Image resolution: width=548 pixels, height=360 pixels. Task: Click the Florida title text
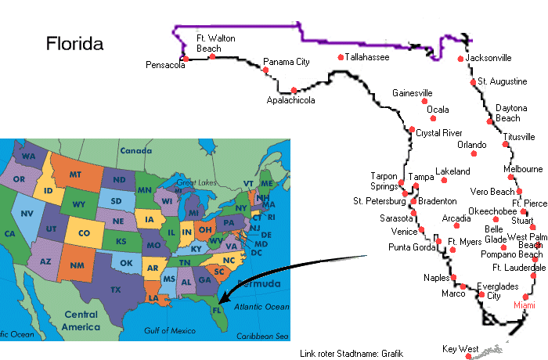pyautogui.click(x=74, y=43)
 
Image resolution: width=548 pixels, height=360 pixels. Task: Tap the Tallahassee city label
pyautogui.click(x=367, y=57)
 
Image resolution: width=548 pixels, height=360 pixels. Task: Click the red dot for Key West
pyautogui.click(x=468, y=356)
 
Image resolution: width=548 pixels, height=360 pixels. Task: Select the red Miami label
pyautogui.click(x=524, y=305)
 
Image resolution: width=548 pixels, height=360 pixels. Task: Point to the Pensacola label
pyautogui.click(x=165, y=65)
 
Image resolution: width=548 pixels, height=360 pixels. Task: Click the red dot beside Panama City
pyautogui.click(x=265, y=70)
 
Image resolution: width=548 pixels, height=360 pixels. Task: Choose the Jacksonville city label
pyautogui.click(x=489, y=58)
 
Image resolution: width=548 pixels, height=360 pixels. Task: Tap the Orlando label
pyautogui.click(x=471, y=145)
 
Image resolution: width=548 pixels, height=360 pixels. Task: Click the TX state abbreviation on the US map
pyautogui.click(x=115, y=290)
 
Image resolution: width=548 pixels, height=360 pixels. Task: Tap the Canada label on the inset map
pyautogui.click(x=135, y=150)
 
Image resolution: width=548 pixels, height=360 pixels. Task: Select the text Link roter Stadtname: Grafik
pyautogui.click(x=352, y=354)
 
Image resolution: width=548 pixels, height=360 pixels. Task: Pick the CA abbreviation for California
pyautogui.click(x=10, y=234)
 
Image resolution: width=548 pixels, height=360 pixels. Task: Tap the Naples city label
pyautogui.click(x=435, y=278)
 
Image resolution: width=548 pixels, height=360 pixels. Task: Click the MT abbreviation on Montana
pyautogui.click(x=76, y=174)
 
